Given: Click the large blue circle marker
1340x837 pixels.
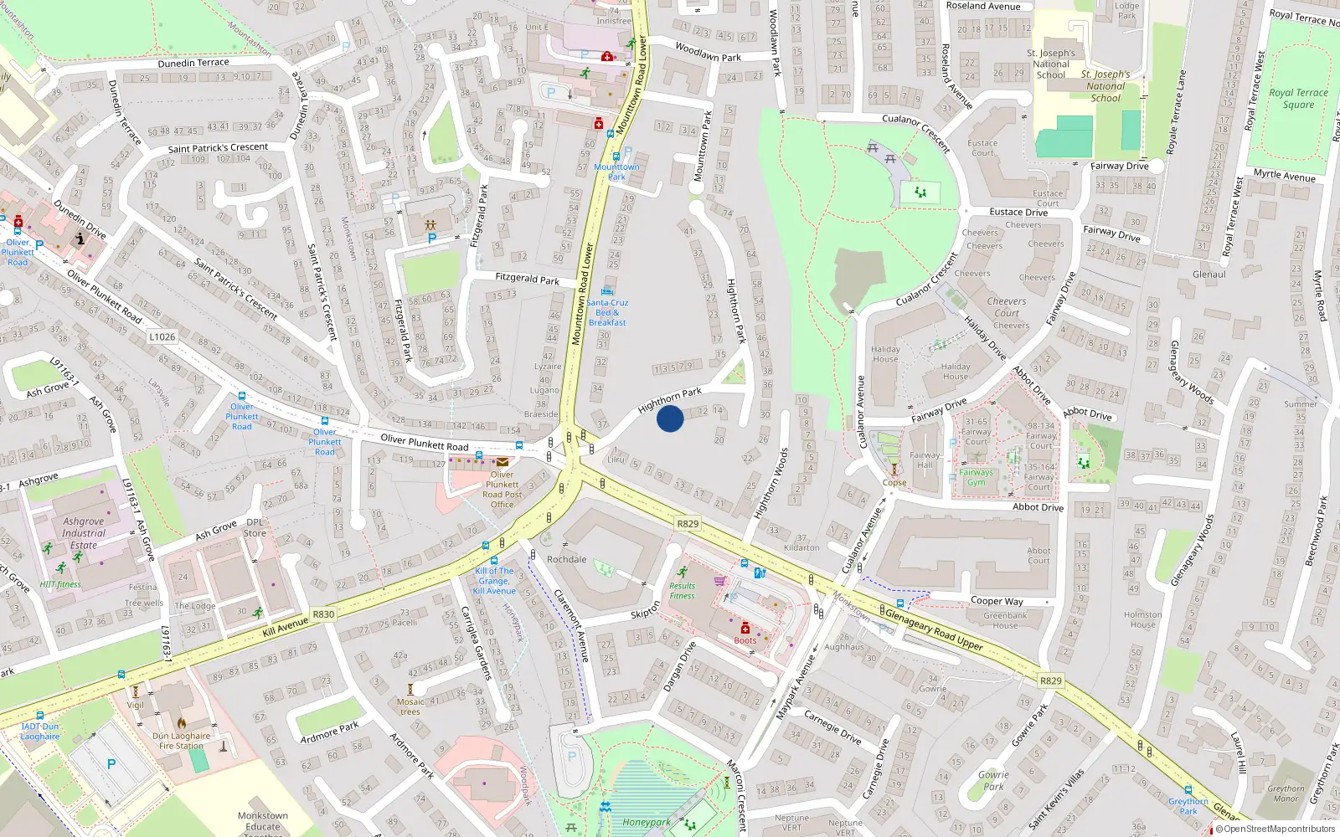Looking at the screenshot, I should coord(670,418).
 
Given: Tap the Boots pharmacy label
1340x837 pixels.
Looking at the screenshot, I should coord(745,640).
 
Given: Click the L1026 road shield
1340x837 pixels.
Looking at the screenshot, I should coord(162,336).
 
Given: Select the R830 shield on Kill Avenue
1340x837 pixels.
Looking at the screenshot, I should coord(323,614).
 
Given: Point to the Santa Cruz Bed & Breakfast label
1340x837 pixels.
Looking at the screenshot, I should coord(607,312).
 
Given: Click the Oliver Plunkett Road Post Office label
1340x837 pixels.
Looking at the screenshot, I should coord(502,490).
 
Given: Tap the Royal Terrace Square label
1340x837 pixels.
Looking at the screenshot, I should coord(1298,99).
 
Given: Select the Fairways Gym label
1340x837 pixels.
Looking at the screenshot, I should coord(977,477).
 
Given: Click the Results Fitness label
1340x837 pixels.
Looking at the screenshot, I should coord(682,591).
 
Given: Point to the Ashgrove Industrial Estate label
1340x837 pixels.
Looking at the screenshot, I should coord(84,533).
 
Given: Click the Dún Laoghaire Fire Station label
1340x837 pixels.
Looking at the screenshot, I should coord(181,741).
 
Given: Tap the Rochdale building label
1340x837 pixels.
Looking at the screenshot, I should coord(567,559).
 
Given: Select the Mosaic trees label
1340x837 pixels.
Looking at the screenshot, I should coord(410,706).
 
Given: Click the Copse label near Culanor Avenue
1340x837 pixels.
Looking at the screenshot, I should coord(894,482).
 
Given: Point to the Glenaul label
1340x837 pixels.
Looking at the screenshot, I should coord(1209,275).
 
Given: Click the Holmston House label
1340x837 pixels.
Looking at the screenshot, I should coord(1142,619).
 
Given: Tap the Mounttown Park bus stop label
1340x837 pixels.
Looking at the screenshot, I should coord(616,172).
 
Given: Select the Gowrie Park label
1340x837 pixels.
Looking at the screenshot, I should coord(994,780).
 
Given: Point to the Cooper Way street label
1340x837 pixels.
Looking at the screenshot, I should coord(997,601).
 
